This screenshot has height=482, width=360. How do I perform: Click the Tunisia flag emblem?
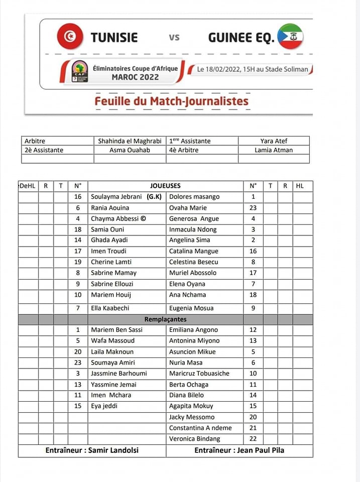point(70,37)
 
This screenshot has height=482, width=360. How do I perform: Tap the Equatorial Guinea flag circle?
point(290,36)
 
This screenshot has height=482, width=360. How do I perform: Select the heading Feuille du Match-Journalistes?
point(171,101)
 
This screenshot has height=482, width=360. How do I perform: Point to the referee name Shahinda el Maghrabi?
point(130,141)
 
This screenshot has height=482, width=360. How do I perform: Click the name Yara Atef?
point(274,141)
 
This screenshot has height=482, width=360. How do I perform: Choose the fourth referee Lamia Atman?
point(274,150)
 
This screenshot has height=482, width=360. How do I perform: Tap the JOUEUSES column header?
point(165,186)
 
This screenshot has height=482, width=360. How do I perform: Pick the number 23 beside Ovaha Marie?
point(253,207)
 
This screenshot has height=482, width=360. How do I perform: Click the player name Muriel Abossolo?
point(193,273)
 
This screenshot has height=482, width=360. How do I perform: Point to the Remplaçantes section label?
point(165,319)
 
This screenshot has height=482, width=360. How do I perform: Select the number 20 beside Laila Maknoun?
point(78,351)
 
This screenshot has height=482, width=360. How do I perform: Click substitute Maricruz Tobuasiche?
point(199,373)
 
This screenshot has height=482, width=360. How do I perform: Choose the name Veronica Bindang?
point(194,438)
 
